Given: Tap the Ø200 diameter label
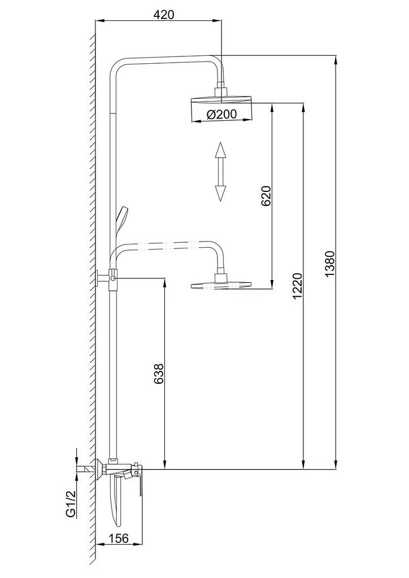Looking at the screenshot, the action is coord(221,114).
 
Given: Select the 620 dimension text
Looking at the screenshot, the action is coord(266,196).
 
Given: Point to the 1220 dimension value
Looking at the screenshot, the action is coord(297,286).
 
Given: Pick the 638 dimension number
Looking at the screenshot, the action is coord(159,374).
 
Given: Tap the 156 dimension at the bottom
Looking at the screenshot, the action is coord(119,538).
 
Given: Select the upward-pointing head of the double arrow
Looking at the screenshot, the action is coord(220,150).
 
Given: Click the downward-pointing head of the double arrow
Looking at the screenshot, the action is coord(220,193).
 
